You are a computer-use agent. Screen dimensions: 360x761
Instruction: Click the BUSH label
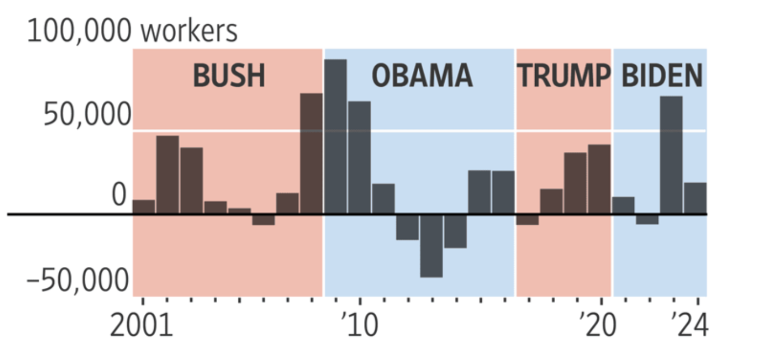[229, 76]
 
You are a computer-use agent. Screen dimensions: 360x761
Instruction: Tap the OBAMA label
[422, 76]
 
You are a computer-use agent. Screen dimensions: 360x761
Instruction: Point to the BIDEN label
[662, 76]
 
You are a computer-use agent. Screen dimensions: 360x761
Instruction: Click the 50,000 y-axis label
[87, 114]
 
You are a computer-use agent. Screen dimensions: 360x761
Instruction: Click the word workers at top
[189, 31]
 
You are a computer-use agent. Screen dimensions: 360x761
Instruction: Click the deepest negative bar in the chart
[431, 246]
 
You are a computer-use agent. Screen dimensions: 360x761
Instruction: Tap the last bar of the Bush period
[312, 154]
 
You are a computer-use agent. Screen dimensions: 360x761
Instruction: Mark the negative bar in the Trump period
[527, 219]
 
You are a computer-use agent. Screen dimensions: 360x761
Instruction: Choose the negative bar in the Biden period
[647, 219]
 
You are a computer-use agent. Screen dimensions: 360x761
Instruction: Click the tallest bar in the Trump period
[599, 179]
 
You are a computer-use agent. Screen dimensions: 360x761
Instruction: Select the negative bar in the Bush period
[264, 219]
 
